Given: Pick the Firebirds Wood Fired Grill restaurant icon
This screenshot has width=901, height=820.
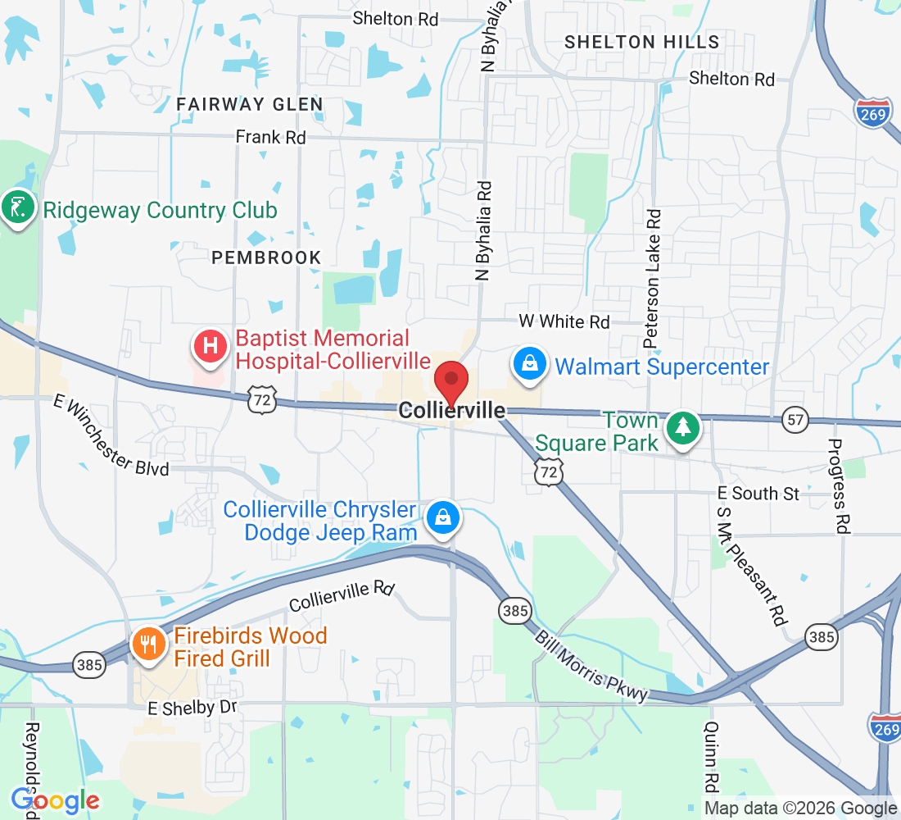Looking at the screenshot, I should pyautogui.click(x=148, y=643).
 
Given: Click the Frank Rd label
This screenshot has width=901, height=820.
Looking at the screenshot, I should pyautogui.click(x=270, y=137).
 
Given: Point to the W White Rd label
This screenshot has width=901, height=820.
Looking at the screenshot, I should pyautogui.click(x=564, y=321).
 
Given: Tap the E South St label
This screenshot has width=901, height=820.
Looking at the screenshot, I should pyautogui.click(x=758, y=493).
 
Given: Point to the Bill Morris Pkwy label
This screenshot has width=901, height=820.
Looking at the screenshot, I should pyautogui.click(x=591, y=666).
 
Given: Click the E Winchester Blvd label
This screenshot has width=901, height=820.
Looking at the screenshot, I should pyautogui.click(x=112, y=436).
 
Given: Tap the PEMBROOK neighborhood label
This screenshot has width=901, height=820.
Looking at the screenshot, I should pyautogui.click(x=266, y=257).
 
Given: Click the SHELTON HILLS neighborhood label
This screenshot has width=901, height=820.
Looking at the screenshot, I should pyautogui.click(x=641, y=42).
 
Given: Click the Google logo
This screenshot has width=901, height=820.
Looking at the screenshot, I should pyautogui.click(x=55, y=799).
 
